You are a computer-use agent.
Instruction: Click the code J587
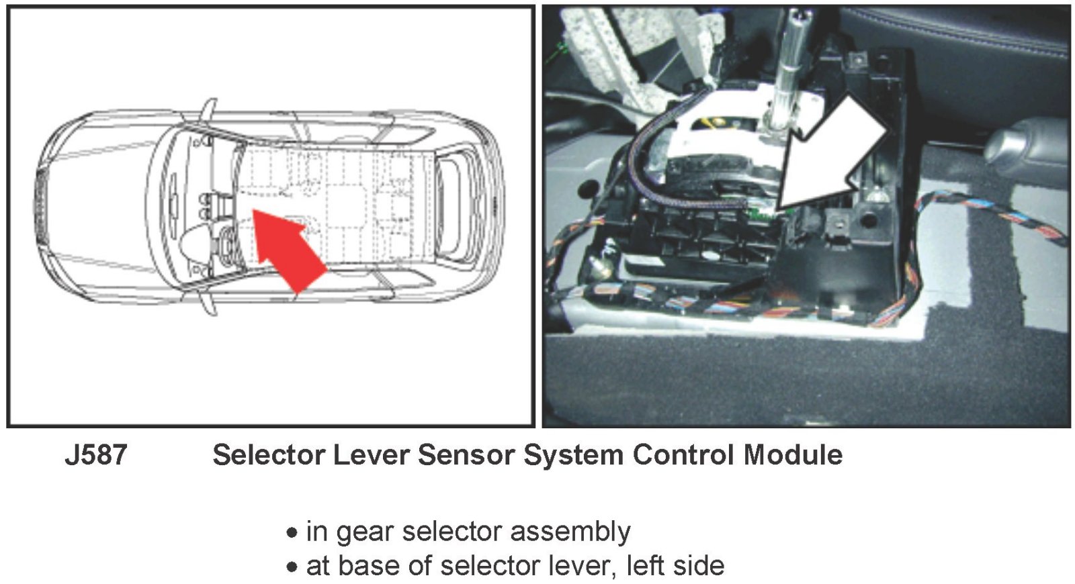95,455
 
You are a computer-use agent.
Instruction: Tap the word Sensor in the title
466,455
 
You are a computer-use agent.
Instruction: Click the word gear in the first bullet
364,533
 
